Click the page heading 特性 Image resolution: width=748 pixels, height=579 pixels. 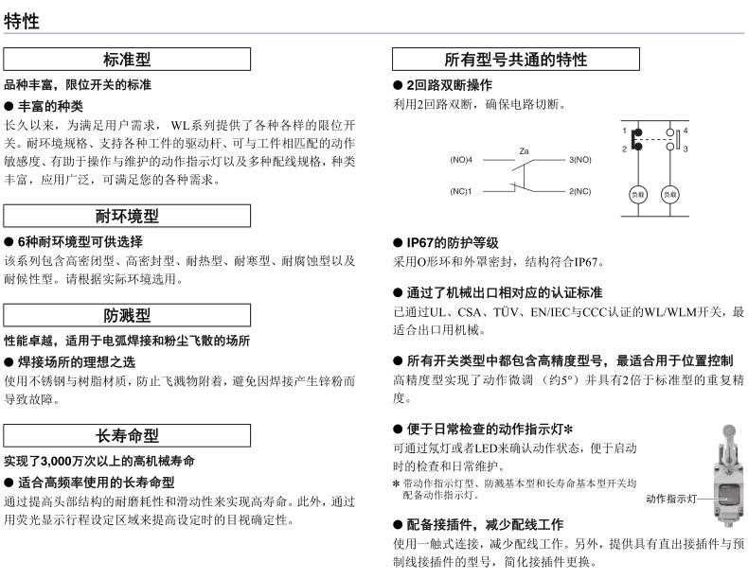(22, 21)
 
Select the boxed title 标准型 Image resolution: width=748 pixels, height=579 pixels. (127, 60)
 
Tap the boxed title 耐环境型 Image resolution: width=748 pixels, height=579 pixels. (127, 217)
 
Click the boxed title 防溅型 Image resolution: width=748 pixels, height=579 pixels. (127, 315)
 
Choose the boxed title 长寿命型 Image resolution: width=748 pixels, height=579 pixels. (127, 435)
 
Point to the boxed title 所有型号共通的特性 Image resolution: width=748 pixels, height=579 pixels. (516, 60)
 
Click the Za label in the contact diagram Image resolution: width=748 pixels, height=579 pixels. (524, 151)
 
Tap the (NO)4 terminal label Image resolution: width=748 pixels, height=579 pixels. (461, 160)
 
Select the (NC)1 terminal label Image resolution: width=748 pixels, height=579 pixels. (461, 191)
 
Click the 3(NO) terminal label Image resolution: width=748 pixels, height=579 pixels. (580, 160)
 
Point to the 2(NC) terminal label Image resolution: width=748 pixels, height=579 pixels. (580, 191)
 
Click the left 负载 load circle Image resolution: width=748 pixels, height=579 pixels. (638, 195)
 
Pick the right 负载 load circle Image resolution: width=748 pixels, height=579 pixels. (670, 195)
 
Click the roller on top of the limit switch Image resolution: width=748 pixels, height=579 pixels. (729, 431)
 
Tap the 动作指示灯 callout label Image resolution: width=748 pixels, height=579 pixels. (671, 499)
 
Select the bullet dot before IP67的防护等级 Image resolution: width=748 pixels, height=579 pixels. (398, 243)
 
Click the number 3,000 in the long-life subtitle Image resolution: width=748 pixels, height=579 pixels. (56, 462)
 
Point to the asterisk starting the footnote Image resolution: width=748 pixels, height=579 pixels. (396, 483)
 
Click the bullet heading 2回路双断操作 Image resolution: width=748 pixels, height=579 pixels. (450, 85)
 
